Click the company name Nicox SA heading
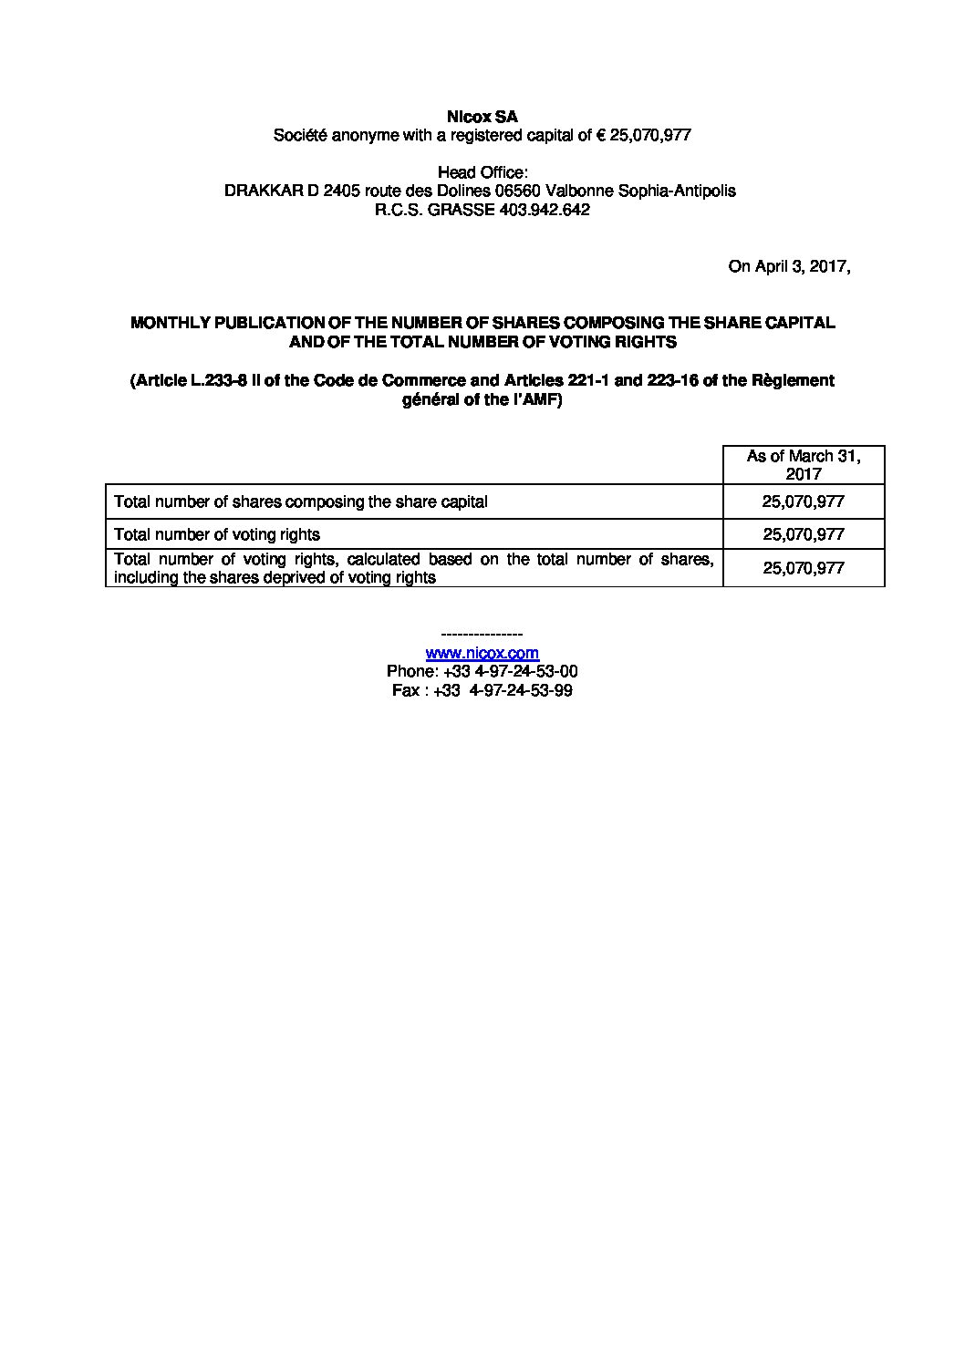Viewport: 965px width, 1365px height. [x=482, y=117]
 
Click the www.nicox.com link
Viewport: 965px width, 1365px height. [x=482, y=653]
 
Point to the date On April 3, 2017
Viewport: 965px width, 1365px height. [x=789, y=266]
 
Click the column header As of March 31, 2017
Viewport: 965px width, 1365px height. [x=803, y=464]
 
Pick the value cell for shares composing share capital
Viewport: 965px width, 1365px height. [x=803, y=502]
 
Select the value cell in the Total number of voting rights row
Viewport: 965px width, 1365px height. [x=803, y=534]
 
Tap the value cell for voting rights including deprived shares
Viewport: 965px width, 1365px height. [x=803, y=567]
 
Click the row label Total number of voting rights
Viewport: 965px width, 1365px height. [x=217, y=534]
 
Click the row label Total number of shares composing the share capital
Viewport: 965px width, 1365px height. [x=300, y=502]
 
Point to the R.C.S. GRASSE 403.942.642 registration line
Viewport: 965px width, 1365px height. [x=482, y=210]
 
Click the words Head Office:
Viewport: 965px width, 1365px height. [x=482, y=172]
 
